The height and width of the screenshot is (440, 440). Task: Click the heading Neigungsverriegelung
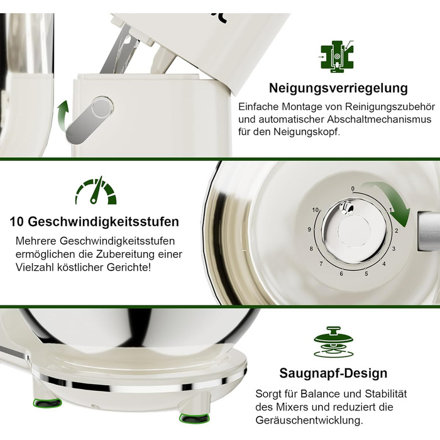coord(338,88)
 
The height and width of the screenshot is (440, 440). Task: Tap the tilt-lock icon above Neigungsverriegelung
coord(337,57)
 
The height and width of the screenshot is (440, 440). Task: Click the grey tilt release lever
coord(90,119)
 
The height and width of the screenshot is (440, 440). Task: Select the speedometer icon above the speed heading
coord(96,190)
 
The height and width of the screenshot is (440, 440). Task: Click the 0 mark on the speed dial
coord(353,189)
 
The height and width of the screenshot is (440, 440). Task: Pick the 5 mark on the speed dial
coord(366,273)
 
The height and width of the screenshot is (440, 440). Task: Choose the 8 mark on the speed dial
coord(311,249)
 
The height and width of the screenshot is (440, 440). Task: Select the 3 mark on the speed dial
coord(393,249)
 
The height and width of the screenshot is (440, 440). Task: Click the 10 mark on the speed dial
coord(316,210)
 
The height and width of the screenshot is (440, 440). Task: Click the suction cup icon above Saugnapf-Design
coord(333,342)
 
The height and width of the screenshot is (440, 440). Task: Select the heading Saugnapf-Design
coord(333,373)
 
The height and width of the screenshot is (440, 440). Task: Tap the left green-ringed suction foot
coord(47,403)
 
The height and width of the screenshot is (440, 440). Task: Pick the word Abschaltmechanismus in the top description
coord(379,119)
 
